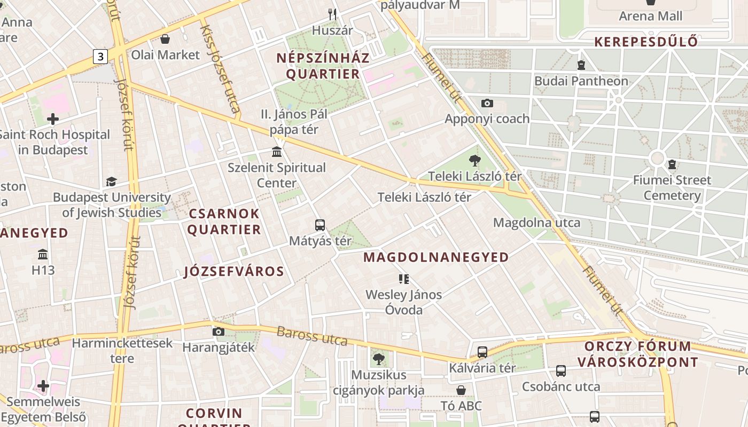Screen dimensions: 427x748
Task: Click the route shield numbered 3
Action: point(100,56)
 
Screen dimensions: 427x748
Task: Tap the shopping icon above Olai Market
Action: point(165,39)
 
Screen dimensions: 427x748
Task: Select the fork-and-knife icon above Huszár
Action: point(332,14)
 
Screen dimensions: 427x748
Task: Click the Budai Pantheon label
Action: point(581,81)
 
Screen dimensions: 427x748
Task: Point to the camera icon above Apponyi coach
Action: point(487,103)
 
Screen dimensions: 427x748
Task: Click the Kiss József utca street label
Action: point(220,69)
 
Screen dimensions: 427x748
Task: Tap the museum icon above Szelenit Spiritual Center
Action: point(277,152)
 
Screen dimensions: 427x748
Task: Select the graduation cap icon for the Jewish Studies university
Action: point(111,182)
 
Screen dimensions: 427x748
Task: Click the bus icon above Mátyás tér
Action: point(320,225)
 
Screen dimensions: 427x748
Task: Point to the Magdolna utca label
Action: point(536,223)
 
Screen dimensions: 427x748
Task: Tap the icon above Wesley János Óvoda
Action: point(403,279)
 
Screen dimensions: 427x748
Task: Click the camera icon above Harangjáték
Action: point(218,331)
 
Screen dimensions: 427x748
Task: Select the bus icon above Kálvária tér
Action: point(482,352)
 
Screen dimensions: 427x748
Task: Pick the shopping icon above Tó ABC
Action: point(461,390)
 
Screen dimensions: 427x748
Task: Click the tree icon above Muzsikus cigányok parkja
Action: point(379,359)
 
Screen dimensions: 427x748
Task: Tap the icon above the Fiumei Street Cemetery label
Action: point(672,164)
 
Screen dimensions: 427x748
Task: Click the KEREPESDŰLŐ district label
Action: point(646,42)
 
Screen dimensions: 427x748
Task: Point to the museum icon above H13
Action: point(43,254)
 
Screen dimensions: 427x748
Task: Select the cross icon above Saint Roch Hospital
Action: point(52,118)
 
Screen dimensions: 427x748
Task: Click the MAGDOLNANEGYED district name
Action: point(436,257)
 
